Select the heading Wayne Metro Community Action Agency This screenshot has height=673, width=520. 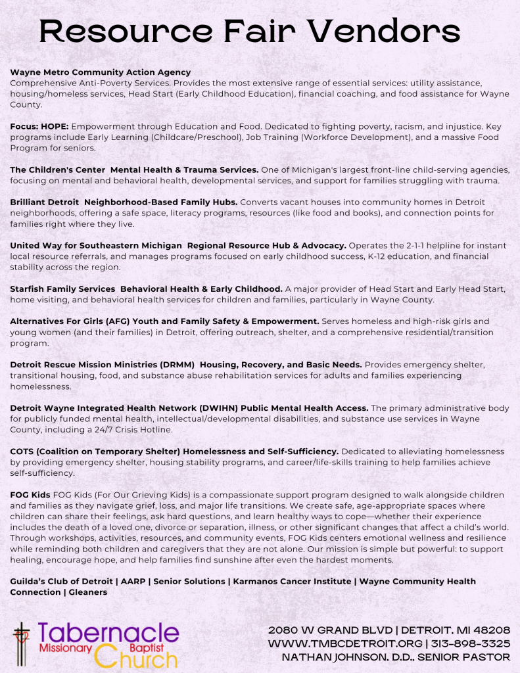101,72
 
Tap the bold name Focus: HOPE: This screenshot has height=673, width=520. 39,126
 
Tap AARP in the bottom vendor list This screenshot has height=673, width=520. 134,582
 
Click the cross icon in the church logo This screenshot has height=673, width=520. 22,640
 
